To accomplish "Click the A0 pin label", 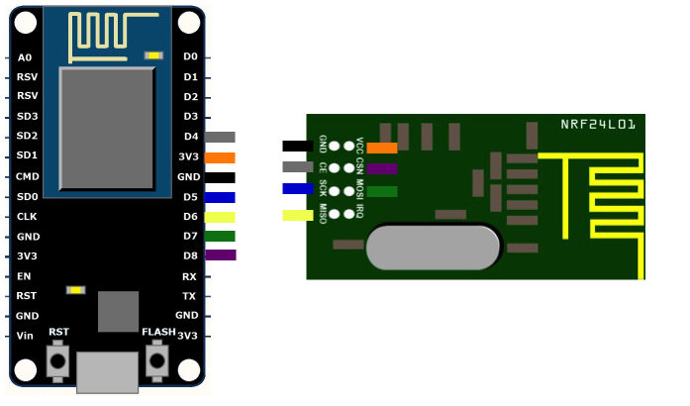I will [25, 57].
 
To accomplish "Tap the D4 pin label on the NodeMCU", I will [190, 137].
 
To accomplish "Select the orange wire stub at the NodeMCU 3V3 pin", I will [220, 157].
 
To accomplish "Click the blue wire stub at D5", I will [220, 197].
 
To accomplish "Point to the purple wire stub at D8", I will [220, 255].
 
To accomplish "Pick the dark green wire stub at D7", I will [220, 236].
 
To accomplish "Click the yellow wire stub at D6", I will [220, 217].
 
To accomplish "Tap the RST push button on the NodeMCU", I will [58, 359].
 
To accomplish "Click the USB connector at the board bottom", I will [107, 372].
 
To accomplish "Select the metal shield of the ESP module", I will [107, 129].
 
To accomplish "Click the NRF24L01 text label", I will [598, 125].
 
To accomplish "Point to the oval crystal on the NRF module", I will [433, 248].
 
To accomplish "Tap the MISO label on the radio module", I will [323, 212].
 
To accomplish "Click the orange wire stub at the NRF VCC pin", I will [382, 149].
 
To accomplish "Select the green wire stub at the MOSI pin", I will [382, 191].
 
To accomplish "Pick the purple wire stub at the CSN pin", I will [382, 169].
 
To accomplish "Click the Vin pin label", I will [26, 336].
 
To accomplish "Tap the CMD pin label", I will [28, 176].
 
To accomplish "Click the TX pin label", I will [189, 296].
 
